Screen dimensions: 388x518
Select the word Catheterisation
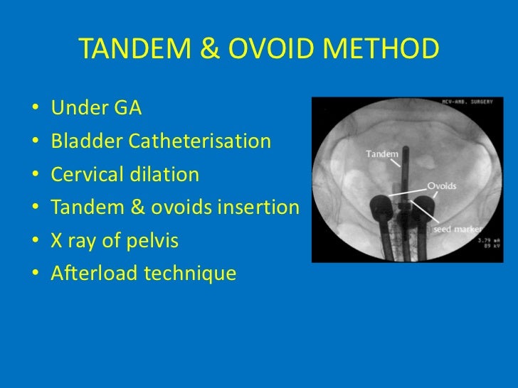(200, 141)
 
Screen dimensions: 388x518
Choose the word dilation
(169, 175)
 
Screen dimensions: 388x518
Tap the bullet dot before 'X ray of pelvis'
(35, 242)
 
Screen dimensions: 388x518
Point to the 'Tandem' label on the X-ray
(381, 153)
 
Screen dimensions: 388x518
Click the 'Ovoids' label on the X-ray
(442, 186)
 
